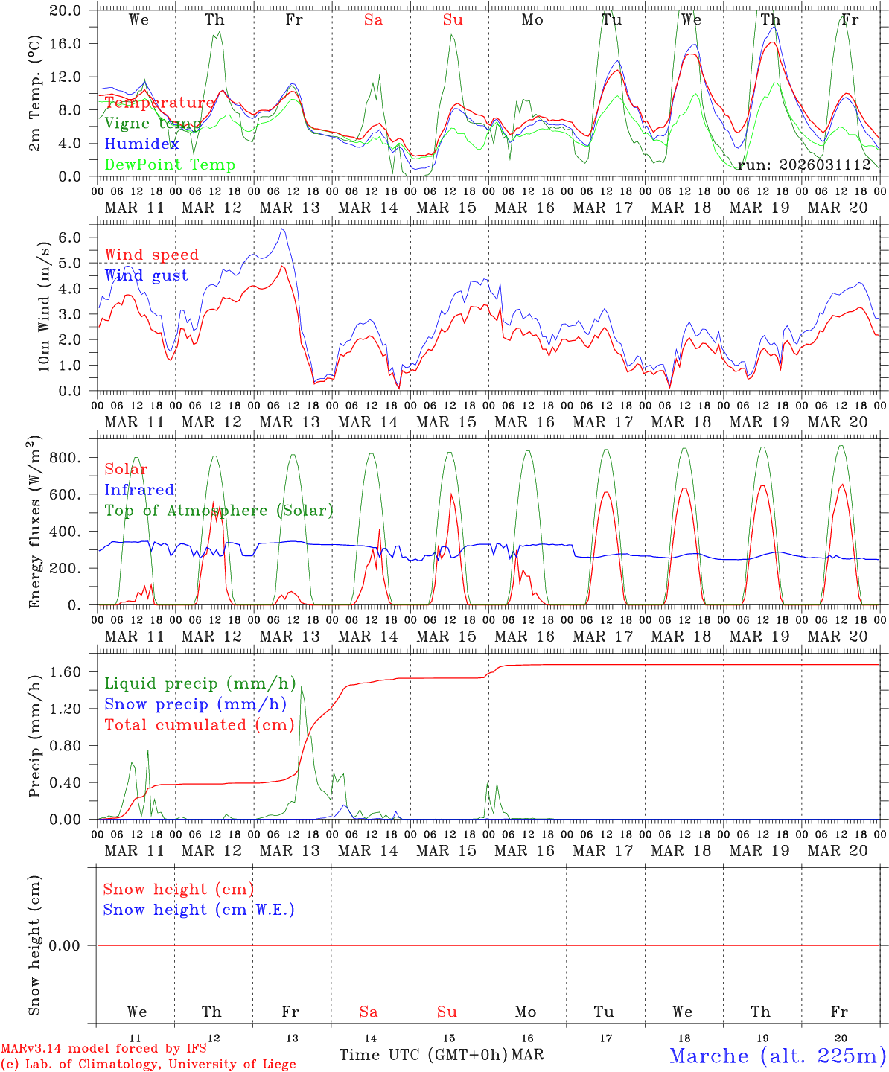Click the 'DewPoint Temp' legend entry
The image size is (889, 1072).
(170, 165)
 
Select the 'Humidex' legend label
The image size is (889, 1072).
(141, 144)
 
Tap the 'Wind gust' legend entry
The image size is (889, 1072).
(146, 275)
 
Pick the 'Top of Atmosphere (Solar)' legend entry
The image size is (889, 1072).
(218, 511)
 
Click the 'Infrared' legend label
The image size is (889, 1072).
(139, 490)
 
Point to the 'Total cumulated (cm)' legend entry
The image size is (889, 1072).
(199, 725)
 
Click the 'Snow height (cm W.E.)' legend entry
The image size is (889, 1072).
(198, 910)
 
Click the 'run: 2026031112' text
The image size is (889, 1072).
(804, 165)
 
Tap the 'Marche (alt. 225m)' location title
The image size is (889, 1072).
(777, 1056)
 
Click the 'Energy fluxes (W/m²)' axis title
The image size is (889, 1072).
(35, 523)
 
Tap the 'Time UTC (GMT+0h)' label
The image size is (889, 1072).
(423, 1055)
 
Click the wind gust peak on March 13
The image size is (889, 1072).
(281, 229)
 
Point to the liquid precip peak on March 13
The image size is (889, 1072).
(302, 687)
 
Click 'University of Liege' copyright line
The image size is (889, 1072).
(149, 1065)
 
